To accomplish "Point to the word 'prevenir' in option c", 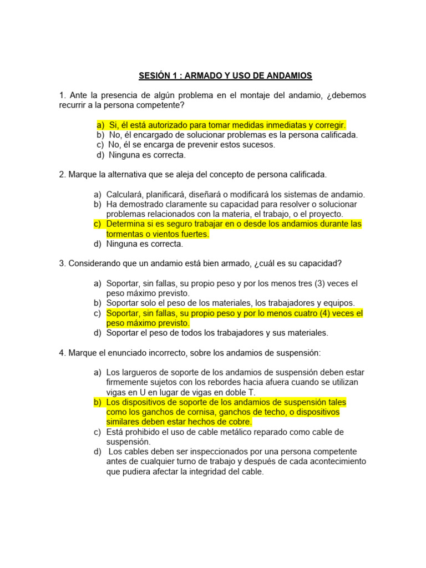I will pyautogui.click(x=190, y=145).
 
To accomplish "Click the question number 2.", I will pyautogui.click(x=62, y=175).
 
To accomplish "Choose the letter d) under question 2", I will pyautogui.click(x=98, y=244).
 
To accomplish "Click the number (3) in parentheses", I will pyautogui.click(x=319, y=283).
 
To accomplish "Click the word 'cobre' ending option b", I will pyautogui.click(x=240, y=422).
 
